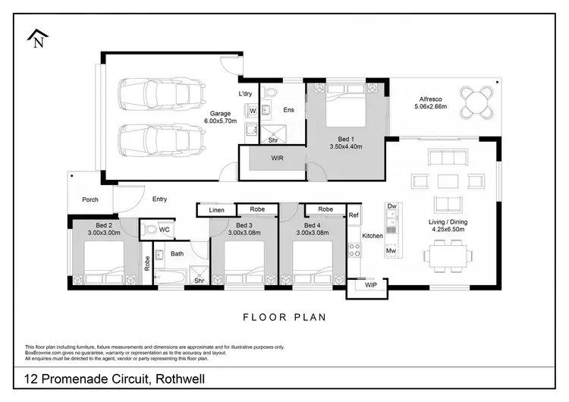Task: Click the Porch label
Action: coord(90,200)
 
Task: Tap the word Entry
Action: coord(159,199)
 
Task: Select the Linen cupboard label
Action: coord(217,209)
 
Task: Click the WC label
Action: coord(165,229)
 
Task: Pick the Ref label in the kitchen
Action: coord(354,215)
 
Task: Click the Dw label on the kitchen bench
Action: coord(392,206)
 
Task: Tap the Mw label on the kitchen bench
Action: coord(391,250)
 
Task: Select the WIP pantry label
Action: coord(370,286)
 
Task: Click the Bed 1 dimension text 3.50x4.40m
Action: coord(346,146)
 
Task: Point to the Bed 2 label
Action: coord(99,225)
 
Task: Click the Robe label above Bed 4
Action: coord(325,209)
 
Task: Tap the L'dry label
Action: coord(245,93)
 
